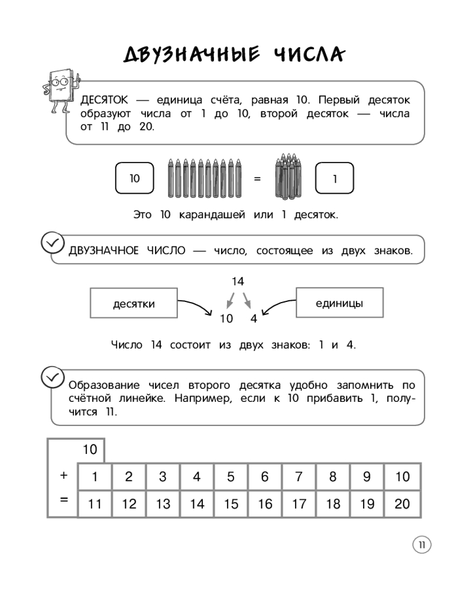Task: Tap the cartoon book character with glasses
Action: click(59, 89)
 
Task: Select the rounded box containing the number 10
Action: click(134, 178)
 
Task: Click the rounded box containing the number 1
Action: click(335, 178)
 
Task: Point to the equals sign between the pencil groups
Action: click(257, 178)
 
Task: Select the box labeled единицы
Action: click(339, 303)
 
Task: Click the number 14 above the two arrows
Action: click(238, 281)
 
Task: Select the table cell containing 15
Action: click(231, 504)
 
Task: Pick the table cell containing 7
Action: click(299, 477)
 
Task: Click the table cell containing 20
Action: click(402, 504)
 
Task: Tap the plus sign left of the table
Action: click(64, 475)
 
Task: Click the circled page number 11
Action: click(422, 545)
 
